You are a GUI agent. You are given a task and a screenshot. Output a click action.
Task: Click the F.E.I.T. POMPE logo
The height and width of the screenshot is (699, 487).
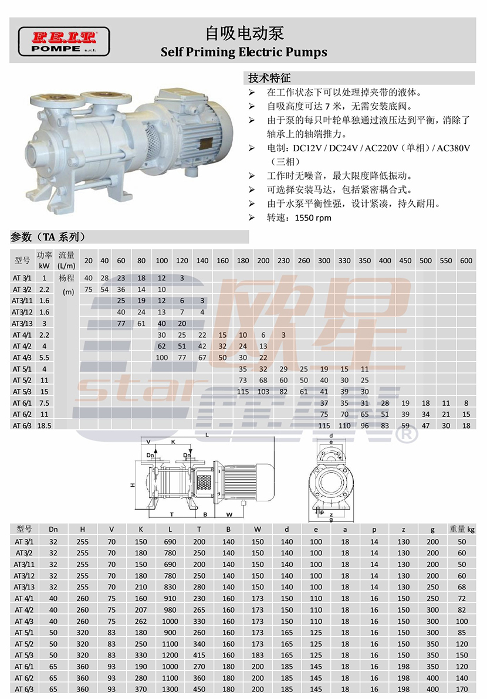[64, 42]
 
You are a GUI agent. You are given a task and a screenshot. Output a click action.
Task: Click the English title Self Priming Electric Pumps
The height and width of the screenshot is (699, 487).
[244, 52]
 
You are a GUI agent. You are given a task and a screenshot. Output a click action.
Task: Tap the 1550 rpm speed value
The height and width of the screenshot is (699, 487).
[313, 218]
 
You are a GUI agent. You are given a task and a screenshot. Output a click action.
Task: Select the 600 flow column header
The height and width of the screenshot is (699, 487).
[466, 261]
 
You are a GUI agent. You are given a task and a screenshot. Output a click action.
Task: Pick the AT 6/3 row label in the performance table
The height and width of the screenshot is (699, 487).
[22, 426]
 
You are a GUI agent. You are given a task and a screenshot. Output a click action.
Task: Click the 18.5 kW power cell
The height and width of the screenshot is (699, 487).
[44, 426]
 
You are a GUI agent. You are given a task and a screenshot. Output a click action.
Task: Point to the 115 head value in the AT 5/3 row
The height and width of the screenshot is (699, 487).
[243, 391]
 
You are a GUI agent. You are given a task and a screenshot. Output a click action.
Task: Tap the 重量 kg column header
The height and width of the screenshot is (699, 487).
[462, 529]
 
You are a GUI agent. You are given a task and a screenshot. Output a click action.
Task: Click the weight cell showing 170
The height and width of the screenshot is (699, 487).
[462, 689]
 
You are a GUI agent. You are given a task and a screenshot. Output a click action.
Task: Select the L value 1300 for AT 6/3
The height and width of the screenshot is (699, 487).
[170, 689]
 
